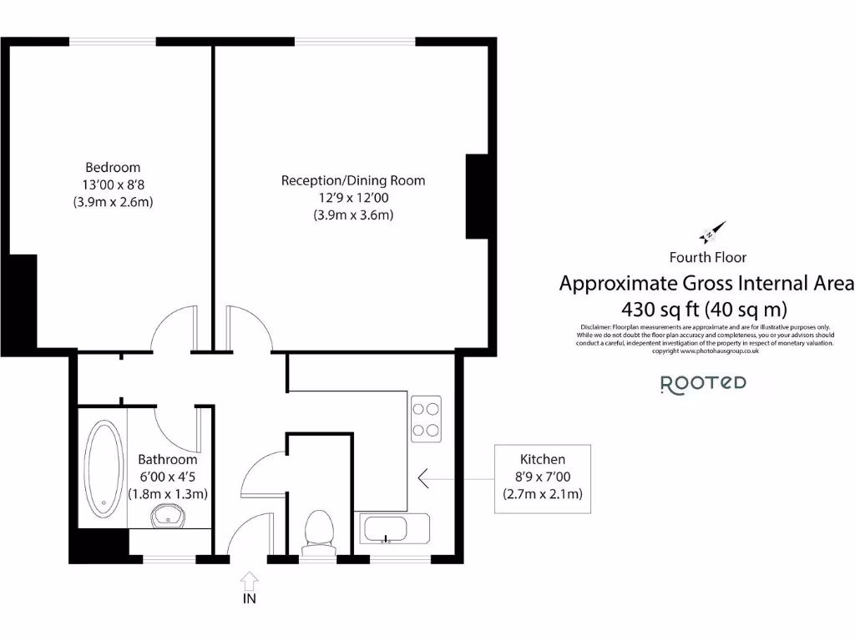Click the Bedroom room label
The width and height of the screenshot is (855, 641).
(x=113, y=167)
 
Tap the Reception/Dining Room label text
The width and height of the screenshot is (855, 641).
(x=352, y=180)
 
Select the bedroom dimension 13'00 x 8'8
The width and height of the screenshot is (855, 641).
(x=113, y=184)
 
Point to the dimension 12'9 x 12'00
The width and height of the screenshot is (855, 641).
(x=352, y=198)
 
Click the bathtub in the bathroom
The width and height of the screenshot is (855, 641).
(x=103, y=467)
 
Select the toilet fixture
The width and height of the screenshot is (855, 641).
(x=318, y=531)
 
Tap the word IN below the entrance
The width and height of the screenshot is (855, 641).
(x=250, y=598)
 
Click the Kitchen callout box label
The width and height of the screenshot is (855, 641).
(x=543, y=459)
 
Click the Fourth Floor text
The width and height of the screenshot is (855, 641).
(x=707, y=257)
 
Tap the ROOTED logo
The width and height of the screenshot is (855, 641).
(x=703, y=383)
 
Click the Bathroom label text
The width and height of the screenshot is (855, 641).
(x=168, y=459)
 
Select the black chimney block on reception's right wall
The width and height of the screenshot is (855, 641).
(x=476, y=197)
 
